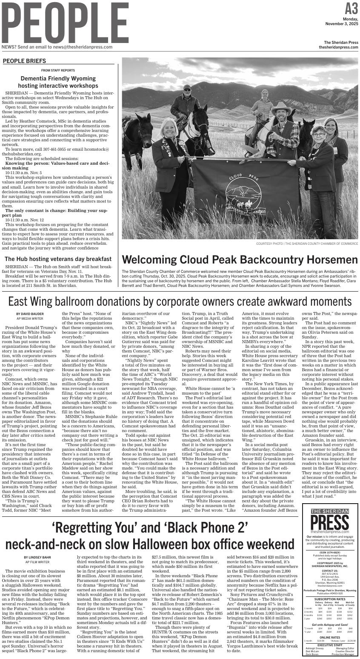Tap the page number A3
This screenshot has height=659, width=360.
point(351,8)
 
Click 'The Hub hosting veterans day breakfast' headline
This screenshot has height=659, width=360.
point(58,259)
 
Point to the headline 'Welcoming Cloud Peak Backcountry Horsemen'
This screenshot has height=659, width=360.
point(240,260)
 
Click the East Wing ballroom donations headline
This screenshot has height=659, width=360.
point(180,301)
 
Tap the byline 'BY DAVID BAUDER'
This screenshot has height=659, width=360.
point(30,314)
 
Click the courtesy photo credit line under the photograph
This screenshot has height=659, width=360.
point(307,244)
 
